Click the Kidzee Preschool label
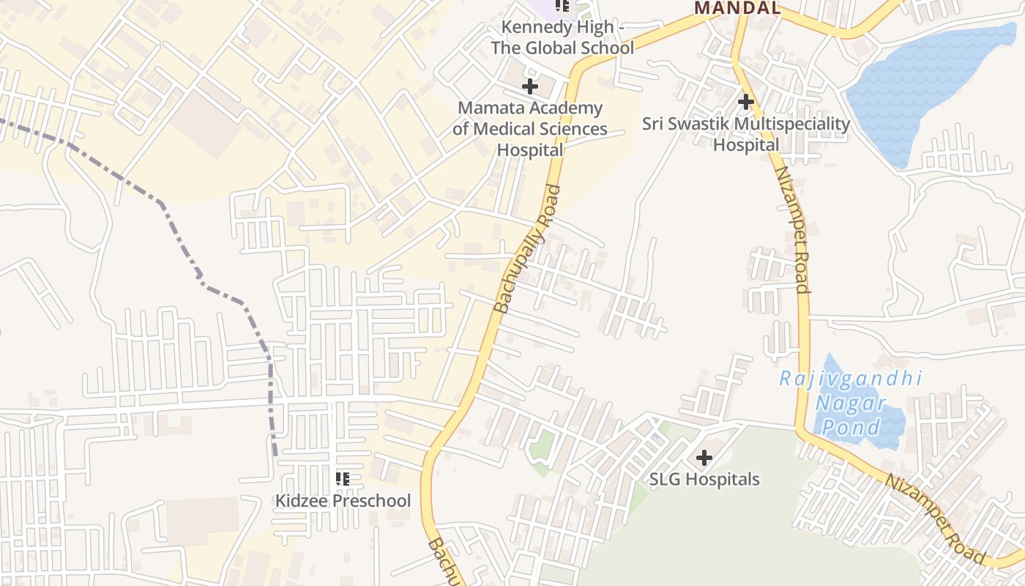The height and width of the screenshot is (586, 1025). point(343,501)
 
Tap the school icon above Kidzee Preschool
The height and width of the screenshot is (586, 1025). point(342,479)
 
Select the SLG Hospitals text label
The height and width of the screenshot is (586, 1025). point(704,480)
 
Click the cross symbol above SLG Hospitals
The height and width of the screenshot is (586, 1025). point(704,459)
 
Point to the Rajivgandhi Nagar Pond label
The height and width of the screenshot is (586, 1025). point(850,403)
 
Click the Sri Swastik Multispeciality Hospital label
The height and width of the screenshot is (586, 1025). point(746,134)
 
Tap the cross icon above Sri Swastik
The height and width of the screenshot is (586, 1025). point(746,101)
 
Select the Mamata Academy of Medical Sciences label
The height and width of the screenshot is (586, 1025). point(530,129)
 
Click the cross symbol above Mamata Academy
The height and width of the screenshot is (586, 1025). point(529,86)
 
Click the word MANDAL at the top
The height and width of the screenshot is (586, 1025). point(737,9)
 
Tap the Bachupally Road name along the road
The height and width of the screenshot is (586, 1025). point(527,249)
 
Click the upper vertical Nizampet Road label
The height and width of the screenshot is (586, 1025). point(792,229)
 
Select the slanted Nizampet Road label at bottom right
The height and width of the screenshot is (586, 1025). point(935,519)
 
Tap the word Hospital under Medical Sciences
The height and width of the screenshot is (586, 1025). point(530,150)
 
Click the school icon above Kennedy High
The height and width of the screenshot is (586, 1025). point(562,6)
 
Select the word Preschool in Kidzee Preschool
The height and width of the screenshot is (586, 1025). point(373,501)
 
